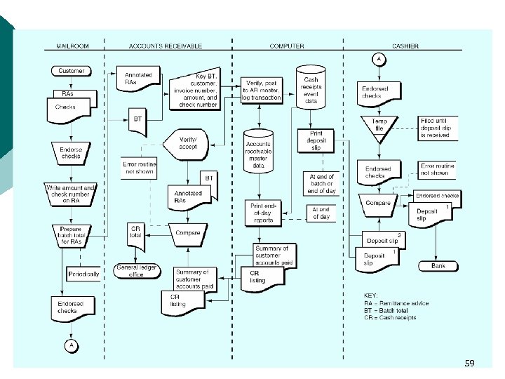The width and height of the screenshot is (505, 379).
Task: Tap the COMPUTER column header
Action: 287,46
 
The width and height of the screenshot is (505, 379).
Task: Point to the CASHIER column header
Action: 405,46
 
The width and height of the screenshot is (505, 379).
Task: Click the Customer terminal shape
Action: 71,71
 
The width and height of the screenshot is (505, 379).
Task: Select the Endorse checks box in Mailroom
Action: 71,153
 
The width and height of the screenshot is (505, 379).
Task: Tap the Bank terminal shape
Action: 437,266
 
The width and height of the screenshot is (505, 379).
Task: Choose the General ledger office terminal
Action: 136,271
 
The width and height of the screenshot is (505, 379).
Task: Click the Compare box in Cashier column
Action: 379,204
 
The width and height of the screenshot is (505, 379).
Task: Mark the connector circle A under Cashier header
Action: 379,59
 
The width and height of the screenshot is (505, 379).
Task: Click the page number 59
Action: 469,363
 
